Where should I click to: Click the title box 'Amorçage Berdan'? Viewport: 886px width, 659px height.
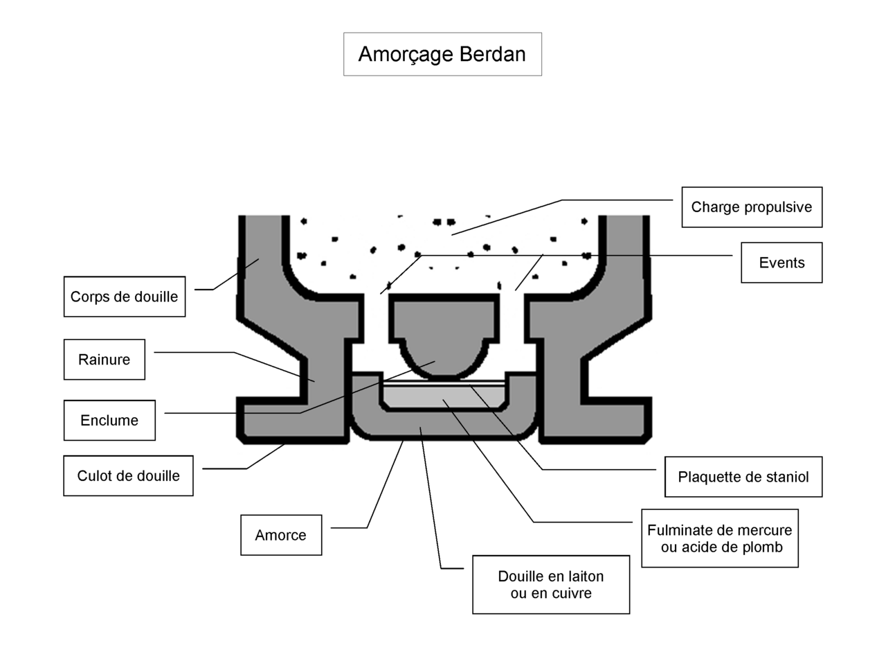[442, 54]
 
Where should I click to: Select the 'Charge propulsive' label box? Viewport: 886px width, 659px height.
[752, 207]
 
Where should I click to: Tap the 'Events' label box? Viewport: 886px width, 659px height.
[781, 263]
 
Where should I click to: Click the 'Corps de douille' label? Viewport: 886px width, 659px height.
[124, 297]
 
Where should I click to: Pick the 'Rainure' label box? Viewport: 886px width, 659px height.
[105, 359]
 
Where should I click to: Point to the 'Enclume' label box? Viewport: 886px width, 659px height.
[109, 420]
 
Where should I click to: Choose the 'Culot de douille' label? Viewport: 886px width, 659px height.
[128, 475]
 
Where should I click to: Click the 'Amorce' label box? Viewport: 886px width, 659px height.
[281, 535]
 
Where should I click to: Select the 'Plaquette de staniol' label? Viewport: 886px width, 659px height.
[743, 477]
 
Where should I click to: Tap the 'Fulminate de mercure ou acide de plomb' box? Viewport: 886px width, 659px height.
[719, 538]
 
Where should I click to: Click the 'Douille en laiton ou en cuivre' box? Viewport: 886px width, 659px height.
[551, 584]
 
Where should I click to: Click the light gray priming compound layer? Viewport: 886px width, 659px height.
[444, 396]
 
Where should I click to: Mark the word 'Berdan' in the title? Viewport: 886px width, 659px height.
[492, 54]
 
